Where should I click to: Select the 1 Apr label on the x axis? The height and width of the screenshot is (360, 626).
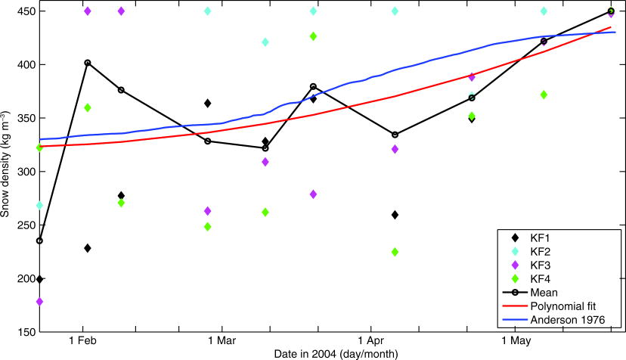click(371, 342)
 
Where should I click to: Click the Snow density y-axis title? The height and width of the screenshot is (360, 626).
click(7, 172)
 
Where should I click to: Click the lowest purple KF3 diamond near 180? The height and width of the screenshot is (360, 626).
click(39, 302)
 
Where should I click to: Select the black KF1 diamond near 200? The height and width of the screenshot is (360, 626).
click(39, 280)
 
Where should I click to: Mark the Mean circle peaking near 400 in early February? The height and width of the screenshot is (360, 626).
click(88, 63)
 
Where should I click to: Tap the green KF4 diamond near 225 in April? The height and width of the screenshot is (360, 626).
click(395, 252)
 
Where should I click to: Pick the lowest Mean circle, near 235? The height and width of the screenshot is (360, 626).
click(39, 241)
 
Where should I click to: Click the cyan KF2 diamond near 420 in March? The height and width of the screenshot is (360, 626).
click(265, 42)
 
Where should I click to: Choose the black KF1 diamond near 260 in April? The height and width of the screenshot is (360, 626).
click(395, 215)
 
